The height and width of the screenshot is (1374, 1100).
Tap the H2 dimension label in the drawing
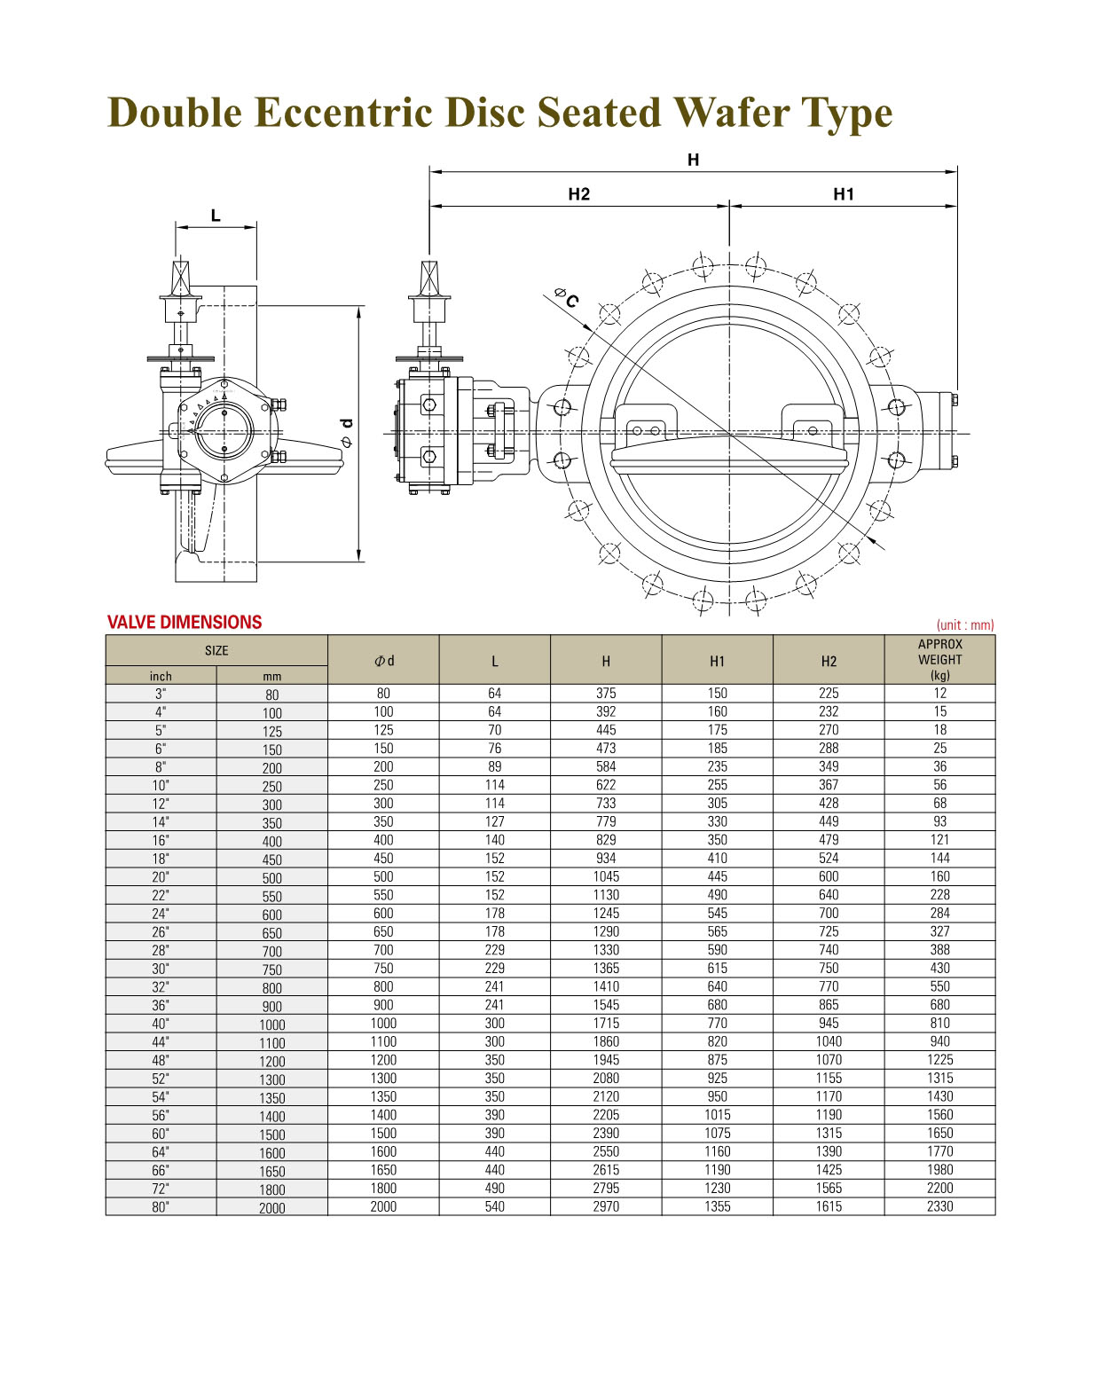578,194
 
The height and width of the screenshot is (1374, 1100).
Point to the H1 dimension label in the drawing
844,194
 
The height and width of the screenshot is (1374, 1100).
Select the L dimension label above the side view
216,216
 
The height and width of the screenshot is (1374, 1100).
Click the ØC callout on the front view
567,297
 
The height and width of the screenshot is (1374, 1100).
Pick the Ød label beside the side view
346,432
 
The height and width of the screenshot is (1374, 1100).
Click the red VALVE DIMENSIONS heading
185,622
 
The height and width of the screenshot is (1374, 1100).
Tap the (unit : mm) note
964,624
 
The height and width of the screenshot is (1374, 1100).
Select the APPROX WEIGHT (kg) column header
939,659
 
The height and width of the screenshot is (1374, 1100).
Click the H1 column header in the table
717,661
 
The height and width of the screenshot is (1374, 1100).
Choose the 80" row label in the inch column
161,1206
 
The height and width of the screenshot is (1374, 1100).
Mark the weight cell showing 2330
939,1205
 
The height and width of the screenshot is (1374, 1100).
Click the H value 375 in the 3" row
606,693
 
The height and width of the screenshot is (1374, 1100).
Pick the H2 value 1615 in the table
829,1205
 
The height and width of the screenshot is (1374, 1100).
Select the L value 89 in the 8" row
494,766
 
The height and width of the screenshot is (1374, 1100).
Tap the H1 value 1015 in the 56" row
717,1114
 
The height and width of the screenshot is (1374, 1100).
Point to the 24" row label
161,913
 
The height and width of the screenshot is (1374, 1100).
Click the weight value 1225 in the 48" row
939,1059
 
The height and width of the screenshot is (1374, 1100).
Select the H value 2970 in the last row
606,1205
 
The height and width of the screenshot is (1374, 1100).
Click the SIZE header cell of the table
216,650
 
